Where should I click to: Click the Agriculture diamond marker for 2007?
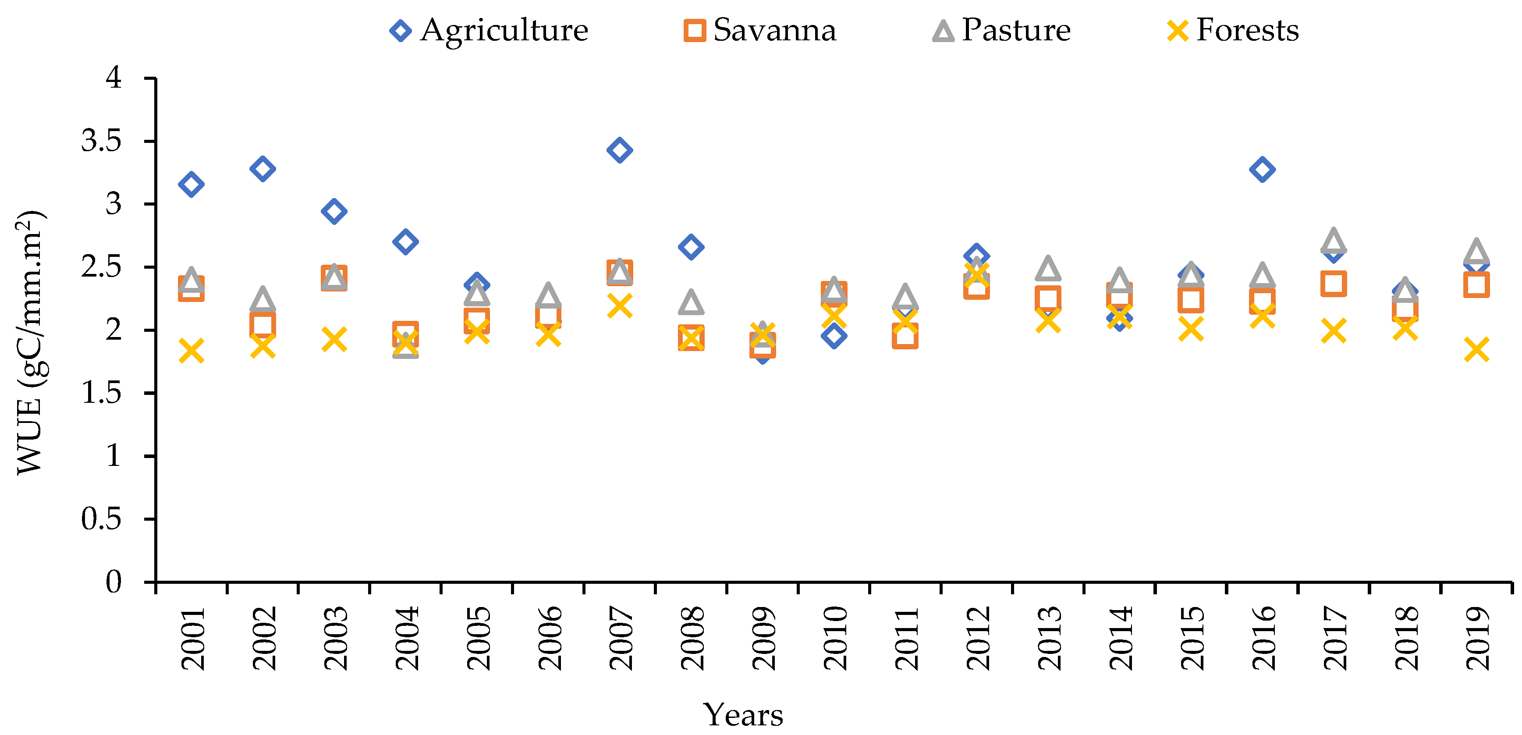(x=619, y=150)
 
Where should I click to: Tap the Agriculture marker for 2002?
(x=263, y=169)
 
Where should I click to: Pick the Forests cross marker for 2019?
(x=1476, y=350)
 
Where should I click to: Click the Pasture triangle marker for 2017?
(x=1334, y=241)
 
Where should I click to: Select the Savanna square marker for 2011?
(x=905, y=336)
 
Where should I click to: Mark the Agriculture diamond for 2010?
(x=834, y=336)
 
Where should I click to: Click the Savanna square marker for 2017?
(x=1334, y=284)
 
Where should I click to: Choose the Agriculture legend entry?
(x=489, y=30)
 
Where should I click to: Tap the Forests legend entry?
(x=1233, y=30)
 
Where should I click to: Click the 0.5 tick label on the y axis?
(x=101, y=519)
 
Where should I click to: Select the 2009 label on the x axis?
(x=763, y=638)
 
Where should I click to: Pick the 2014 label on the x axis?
(x=1120, y=638)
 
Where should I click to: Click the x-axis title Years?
(x=743, y=715)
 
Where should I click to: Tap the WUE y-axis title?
(x=29, y=343)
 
